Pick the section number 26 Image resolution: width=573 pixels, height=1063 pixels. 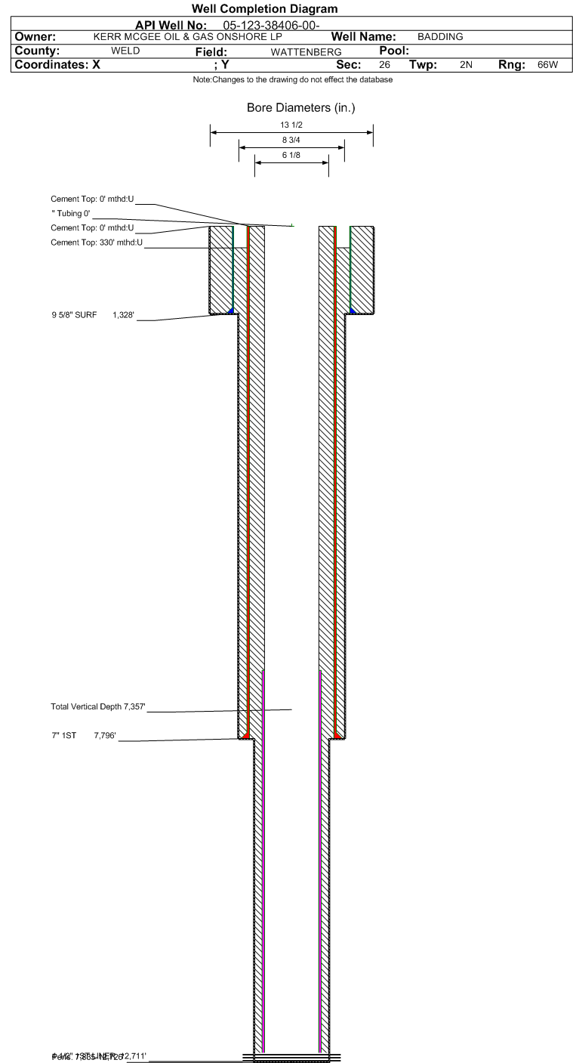(x=384, y=65)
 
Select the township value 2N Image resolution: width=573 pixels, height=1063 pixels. (x=465, y=65)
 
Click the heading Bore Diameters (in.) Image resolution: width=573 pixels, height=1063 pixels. (x=300, y=108)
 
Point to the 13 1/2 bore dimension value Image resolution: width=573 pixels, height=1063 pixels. (x=291, y=125)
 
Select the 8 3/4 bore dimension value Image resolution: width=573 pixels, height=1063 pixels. (x=291, y=141)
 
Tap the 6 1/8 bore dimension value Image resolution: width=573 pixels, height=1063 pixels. (x=291, y=155)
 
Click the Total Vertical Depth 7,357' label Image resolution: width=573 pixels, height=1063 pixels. (x=97, y=707)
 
